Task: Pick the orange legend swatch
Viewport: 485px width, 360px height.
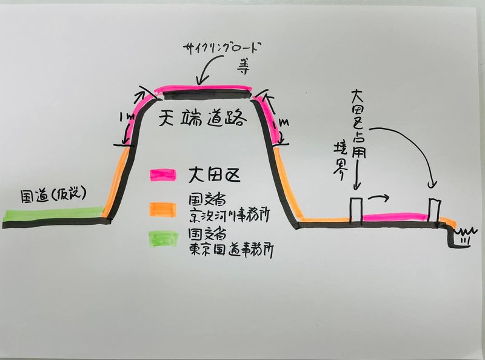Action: click(163, 207)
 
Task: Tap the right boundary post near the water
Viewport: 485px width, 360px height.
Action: click(434, 210)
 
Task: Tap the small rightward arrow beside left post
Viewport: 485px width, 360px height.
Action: click(378, 197)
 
